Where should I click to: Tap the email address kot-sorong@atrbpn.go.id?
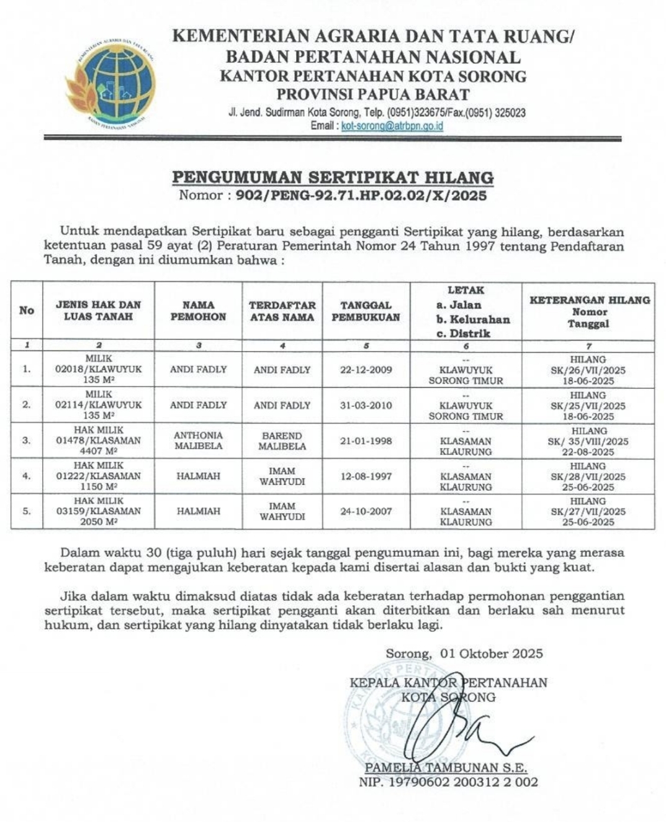[x=392, y=126]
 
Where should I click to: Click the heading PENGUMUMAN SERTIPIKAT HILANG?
[x=333, y=177]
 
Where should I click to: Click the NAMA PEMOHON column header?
[x=198, y=311]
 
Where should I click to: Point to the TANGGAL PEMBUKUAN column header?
[x=366, y=311]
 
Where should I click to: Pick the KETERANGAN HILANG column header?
[x=589, y=311]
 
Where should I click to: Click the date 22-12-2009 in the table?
[x=366, y=370]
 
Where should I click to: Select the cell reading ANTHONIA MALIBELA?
[x=198, y=441]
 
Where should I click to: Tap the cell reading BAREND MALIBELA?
[x=282, y=441]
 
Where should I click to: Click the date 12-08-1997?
[x=366, y=476]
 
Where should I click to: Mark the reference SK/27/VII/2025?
[x=589, y=511]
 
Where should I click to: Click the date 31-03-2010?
[x=366, y=405]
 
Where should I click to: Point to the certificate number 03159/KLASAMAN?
[x=99, y=511]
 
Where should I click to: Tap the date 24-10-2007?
[x=366, y=511]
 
